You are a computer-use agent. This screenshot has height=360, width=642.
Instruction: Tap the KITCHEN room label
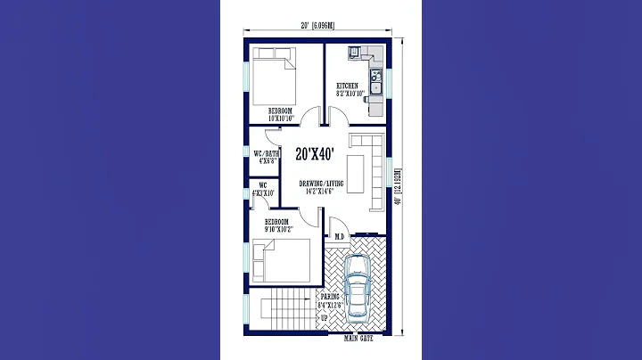click(x=347, y=86)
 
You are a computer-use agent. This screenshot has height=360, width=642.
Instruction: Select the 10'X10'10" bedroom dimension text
click(x=280, y=118)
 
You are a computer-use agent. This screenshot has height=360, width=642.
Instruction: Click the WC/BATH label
click(x=266, y=152)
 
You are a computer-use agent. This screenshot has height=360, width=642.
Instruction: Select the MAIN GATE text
click(x=359, y=340)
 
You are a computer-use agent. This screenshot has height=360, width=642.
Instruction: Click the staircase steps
click(x=285, y=310)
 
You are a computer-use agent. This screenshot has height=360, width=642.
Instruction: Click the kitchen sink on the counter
click(x=376, y=85)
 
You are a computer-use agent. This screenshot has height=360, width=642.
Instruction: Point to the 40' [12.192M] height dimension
click(x=398, y=186)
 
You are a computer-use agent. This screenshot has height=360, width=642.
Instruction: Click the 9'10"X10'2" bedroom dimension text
click(x=278, y=229)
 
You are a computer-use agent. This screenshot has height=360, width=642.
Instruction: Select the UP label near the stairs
click(x=325, y=316)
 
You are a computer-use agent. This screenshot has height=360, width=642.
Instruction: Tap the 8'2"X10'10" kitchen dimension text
click(x=350, y=94)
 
